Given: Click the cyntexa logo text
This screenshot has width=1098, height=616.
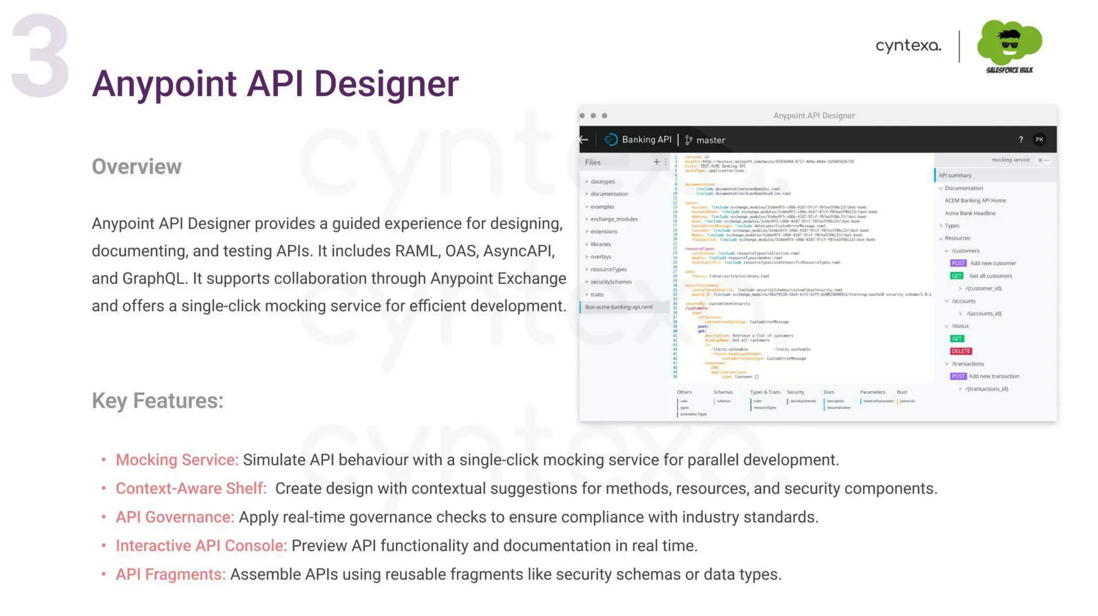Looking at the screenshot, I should click(908, 46).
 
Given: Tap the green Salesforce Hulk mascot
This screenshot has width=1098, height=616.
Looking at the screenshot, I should click(1009, 43).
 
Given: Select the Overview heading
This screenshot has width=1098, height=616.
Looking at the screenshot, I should click(136, 167).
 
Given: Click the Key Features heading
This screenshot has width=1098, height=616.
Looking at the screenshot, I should click(157, 401).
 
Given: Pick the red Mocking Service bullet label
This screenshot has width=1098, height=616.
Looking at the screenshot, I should click(176, 460).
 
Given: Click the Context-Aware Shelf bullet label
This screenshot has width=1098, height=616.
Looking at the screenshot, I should click(191, 488).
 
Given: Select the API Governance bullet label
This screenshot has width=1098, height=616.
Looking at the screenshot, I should click(175, 517).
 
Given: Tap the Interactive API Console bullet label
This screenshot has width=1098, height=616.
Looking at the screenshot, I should click(201, 545).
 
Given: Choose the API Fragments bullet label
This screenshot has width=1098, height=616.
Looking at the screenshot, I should click(170, 574).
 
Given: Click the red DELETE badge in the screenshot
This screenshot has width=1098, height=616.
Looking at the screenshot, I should click(960, 351).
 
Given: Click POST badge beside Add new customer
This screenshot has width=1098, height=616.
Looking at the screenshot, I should click(958, 263).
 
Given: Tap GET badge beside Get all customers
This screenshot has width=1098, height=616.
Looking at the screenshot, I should click(956, 276).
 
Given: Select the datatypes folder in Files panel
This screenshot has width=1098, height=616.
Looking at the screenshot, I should click(602, 182).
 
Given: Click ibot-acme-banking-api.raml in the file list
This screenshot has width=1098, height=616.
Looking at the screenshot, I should click(618, 307).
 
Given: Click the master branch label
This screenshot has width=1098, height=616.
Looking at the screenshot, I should click(710, 140).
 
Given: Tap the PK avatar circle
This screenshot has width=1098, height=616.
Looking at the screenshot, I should click(1039, 140).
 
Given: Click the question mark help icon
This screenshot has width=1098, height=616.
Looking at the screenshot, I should click(1020, 140).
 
